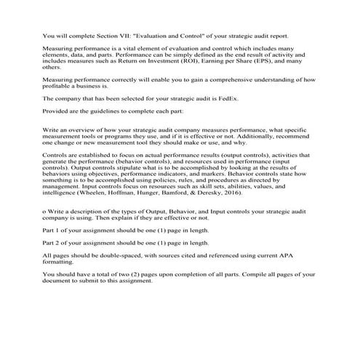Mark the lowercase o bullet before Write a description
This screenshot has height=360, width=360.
click(x=45, y=209)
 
